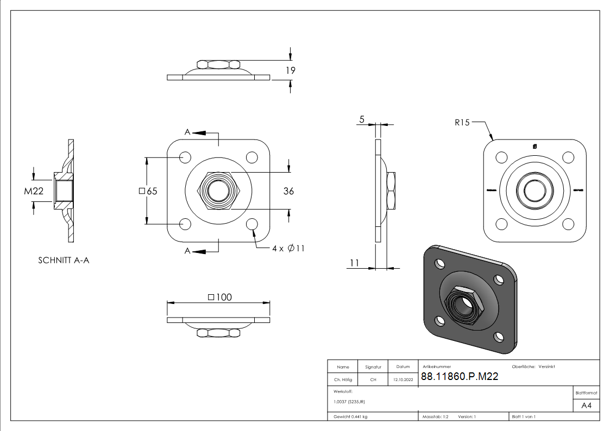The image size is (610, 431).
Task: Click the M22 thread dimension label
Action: (33, 191)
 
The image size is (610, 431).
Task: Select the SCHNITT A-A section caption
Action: (64, 261)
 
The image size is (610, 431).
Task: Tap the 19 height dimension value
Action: (290, 71)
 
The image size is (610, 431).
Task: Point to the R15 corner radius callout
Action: (462, 123)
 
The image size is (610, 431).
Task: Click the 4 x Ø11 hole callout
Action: (288, 248)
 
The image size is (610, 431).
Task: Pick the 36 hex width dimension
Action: (288, 191)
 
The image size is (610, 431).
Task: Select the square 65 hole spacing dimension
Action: (148, 191)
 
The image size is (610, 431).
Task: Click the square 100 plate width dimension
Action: (219, 297)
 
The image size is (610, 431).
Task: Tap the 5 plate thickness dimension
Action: (361, 120)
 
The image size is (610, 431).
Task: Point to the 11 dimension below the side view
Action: (354, 263)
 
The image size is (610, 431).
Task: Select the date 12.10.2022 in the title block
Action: (403, 380)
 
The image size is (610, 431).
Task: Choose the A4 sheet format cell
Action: (586, 405)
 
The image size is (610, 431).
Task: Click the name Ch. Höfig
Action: (343, 380)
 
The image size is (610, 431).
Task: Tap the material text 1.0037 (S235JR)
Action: (349, 402)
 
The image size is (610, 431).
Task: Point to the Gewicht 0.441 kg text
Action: (350, 417)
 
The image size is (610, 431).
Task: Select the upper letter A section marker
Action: (187, 132)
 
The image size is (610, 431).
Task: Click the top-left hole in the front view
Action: (185, 157)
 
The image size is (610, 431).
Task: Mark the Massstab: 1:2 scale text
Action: (435, 417)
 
